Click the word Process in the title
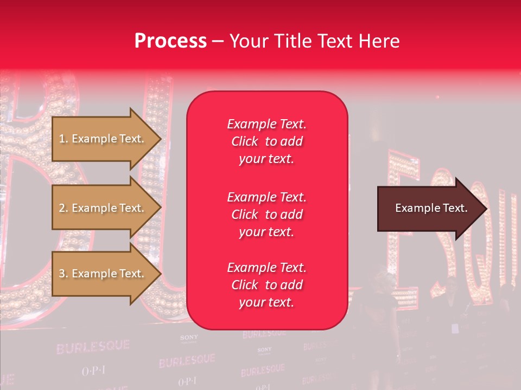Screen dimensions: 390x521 [170, 41]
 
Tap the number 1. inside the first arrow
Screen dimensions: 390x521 [63, 139]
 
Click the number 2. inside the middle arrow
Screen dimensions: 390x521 [63, 208]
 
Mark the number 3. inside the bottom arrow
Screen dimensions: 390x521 [63, 274]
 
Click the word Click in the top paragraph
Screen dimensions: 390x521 [245, 142]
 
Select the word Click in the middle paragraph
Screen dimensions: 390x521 [245, 214]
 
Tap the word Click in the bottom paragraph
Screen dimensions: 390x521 [245, 285]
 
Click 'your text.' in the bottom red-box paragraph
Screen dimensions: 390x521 [266, 303]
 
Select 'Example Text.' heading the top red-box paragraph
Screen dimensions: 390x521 [266, 124]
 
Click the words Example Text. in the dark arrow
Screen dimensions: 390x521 [431, 208]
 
